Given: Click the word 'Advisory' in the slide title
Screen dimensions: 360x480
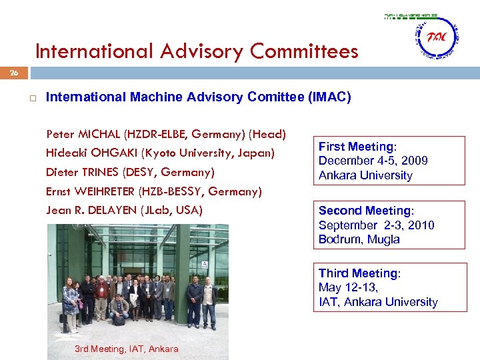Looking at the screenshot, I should (203, 51).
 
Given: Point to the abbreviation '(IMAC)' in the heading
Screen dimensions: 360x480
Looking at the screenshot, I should (329, 97).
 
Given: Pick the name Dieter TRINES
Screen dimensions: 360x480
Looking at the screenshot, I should (83, 173).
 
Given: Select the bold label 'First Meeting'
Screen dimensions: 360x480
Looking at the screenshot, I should (356, 147).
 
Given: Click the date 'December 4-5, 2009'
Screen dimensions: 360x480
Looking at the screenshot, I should (373, 161).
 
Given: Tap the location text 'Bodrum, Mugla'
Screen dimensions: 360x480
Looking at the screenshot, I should (359, 239).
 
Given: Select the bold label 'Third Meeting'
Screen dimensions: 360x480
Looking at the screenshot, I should (357, 273).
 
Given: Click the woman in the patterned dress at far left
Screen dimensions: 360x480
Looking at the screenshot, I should (70, 304).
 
